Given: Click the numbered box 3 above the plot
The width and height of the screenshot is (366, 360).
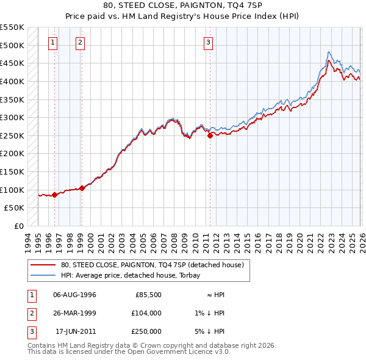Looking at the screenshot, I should [209, 42].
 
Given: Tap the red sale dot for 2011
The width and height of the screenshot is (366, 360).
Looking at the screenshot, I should [210, 136].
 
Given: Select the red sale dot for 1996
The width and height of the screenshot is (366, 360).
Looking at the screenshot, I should [54, 195].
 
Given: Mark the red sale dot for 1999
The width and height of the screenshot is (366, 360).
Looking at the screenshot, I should [82, 189].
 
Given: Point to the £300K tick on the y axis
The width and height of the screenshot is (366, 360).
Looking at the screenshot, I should [12, 117].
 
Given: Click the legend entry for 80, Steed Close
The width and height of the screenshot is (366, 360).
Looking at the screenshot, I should [152, 265].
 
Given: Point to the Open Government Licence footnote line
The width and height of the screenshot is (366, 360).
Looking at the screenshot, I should [129, 353].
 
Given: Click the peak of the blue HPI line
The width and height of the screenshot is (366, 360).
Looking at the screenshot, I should [329, 52].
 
